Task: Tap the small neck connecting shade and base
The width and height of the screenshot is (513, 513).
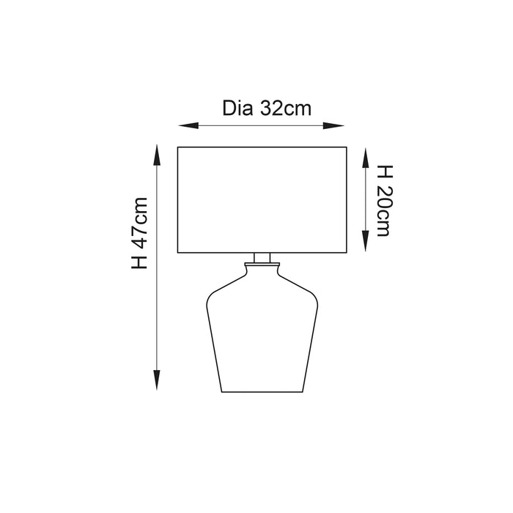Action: coord(262,258)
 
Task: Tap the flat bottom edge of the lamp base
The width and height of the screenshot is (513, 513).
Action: coord(262,391)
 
